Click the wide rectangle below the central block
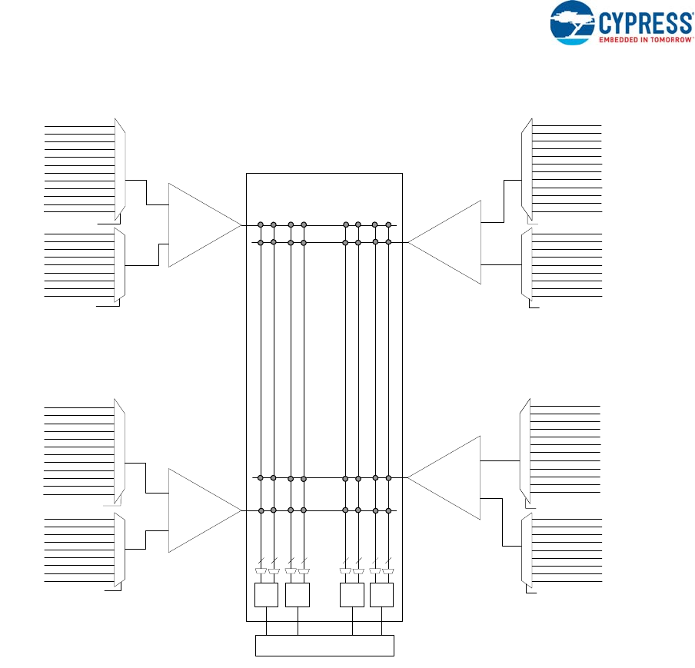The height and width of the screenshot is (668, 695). coord(324,646)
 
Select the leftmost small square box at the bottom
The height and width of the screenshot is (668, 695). coord(266,595)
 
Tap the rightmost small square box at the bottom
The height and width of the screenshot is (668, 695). coord(381,595)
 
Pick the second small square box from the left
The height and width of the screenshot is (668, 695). coord(297,595)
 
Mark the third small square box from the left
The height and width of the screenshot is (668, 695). coord(351,595)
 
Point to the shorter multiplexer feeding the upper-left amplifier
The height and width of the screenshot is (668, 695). coord(119,265)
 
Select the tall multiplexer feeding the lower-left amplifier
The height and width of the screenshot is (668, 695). coord(120,451)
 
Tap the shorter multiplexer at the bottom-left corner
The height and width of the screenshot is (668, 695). coord(119,550)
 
